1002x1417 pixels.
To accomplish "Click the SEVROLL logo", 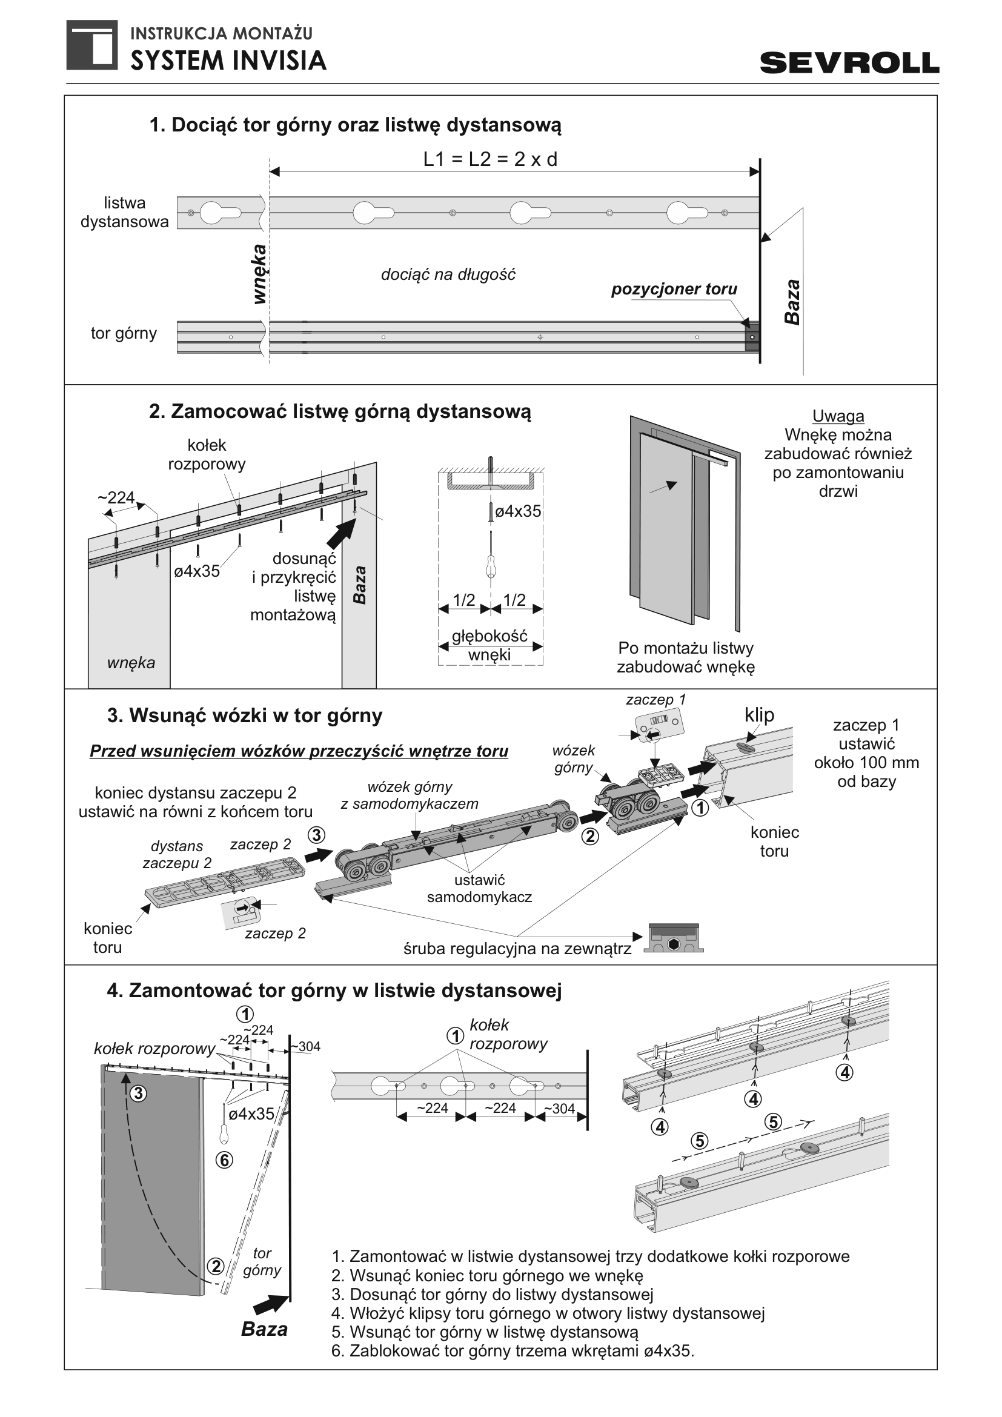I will coord(849,63).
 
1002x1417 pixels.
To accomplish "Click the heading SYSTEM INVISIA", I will coord(228,61).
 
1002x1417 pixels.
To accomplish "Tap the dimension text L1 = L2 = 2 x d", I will coord(490,159).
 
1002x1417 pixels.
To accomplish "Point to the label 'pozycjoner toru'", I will coord(674,289).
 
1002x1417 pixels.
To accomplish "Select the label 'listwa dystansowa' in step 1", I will coord(125,212).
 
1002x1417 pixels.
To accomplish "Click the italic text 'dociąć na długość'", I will coord(448,274).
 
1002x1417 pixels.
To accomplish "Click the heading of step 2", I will coord(340,411).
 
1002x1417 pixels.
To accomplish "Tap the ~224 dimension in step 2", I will coord(116,497).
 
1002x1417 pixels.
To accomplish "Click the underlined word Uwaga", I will coord(838,416).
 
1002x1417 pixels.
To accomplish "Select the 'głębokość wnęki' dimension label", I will coord(490,645).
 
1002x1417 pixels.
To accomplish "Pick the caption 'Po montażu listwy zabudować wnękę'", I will coord(686,657).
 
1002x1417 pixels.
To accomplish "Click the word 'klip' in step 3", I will coord(759,715).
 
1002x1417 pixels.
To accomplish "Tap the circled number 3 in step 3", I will coord(316,835).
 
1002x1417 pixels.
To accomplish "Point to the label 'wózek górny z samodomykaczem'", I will coord(410,795).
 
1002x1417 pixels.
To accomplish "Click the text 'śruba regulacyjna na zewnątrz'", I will coord(517,949).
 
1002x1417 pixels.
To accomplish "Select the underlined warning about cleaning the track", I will coord(299,751).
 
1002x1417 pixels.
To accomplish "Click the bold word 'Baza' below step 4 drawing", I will coord(264,1329).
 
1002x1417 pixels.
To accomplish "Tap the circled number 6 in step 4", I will coord(224,1160).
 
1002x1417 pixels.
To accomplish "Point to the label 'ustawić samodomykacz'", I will coord(479,888).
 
